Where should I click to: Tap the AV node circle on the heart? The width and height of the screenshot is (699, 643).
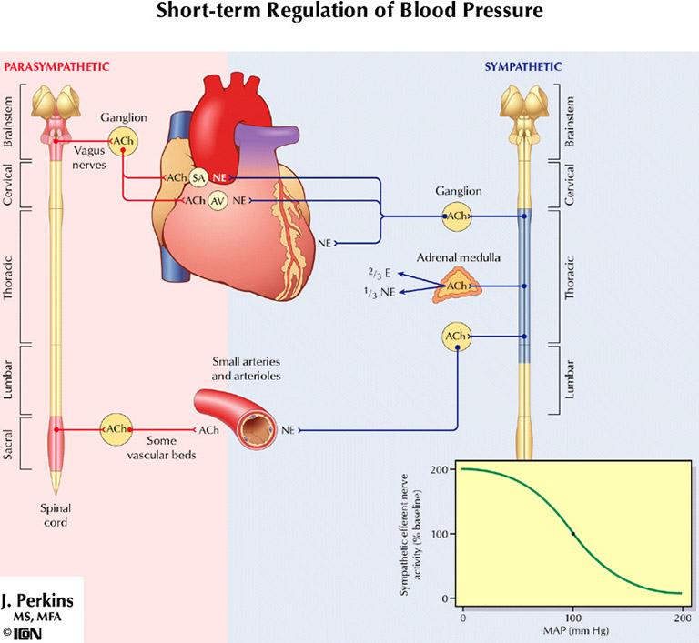pos(217,200)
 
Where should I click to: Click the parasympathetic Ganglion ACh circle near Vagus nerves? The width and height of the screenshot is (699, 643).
pos(122,140)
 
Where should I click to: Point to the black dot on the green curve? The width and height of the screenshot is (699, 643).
pos(572,534)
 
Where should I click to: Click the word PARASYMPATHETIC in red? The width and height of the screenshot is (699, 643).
pos(57,66)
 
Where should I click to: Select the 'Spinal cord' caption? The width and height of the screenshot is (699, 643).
pos(57,515)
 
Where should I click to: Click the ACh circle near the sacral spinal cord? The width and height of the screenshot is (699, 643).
pos(116,428)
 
